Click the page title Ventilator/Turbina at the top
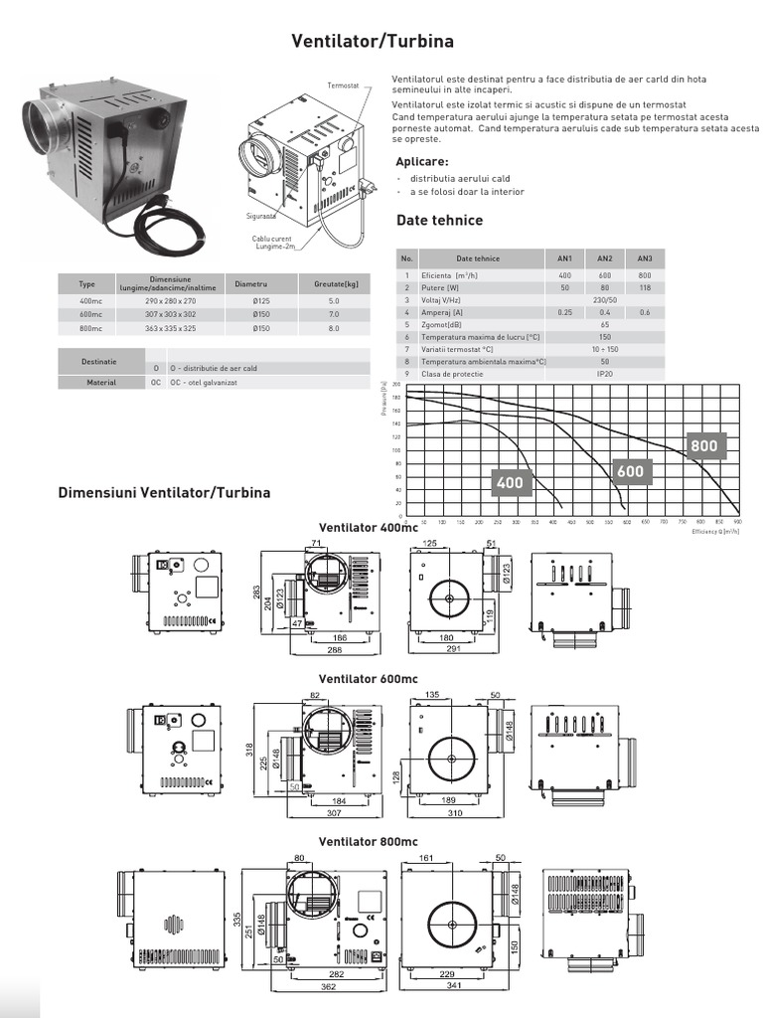(x=373, y=42)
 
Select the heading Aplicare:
(x=421, y=162)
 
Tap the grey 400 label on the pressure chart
(x=510, y=483)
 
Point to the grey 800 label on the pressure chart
(x=703, y=446)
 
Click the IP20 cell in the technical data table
(x=604, y=373)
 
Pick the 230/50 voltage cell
(x=604, y=299)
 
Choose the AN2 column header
(x=604, y=258)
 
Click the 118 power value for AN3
(x=645, y=286)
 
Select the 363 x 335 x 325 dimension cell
(x=170, y=327)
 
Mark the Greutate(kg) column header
(x=334, y=283)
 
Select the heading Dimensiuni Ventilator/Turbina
(x=165, y=492)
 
